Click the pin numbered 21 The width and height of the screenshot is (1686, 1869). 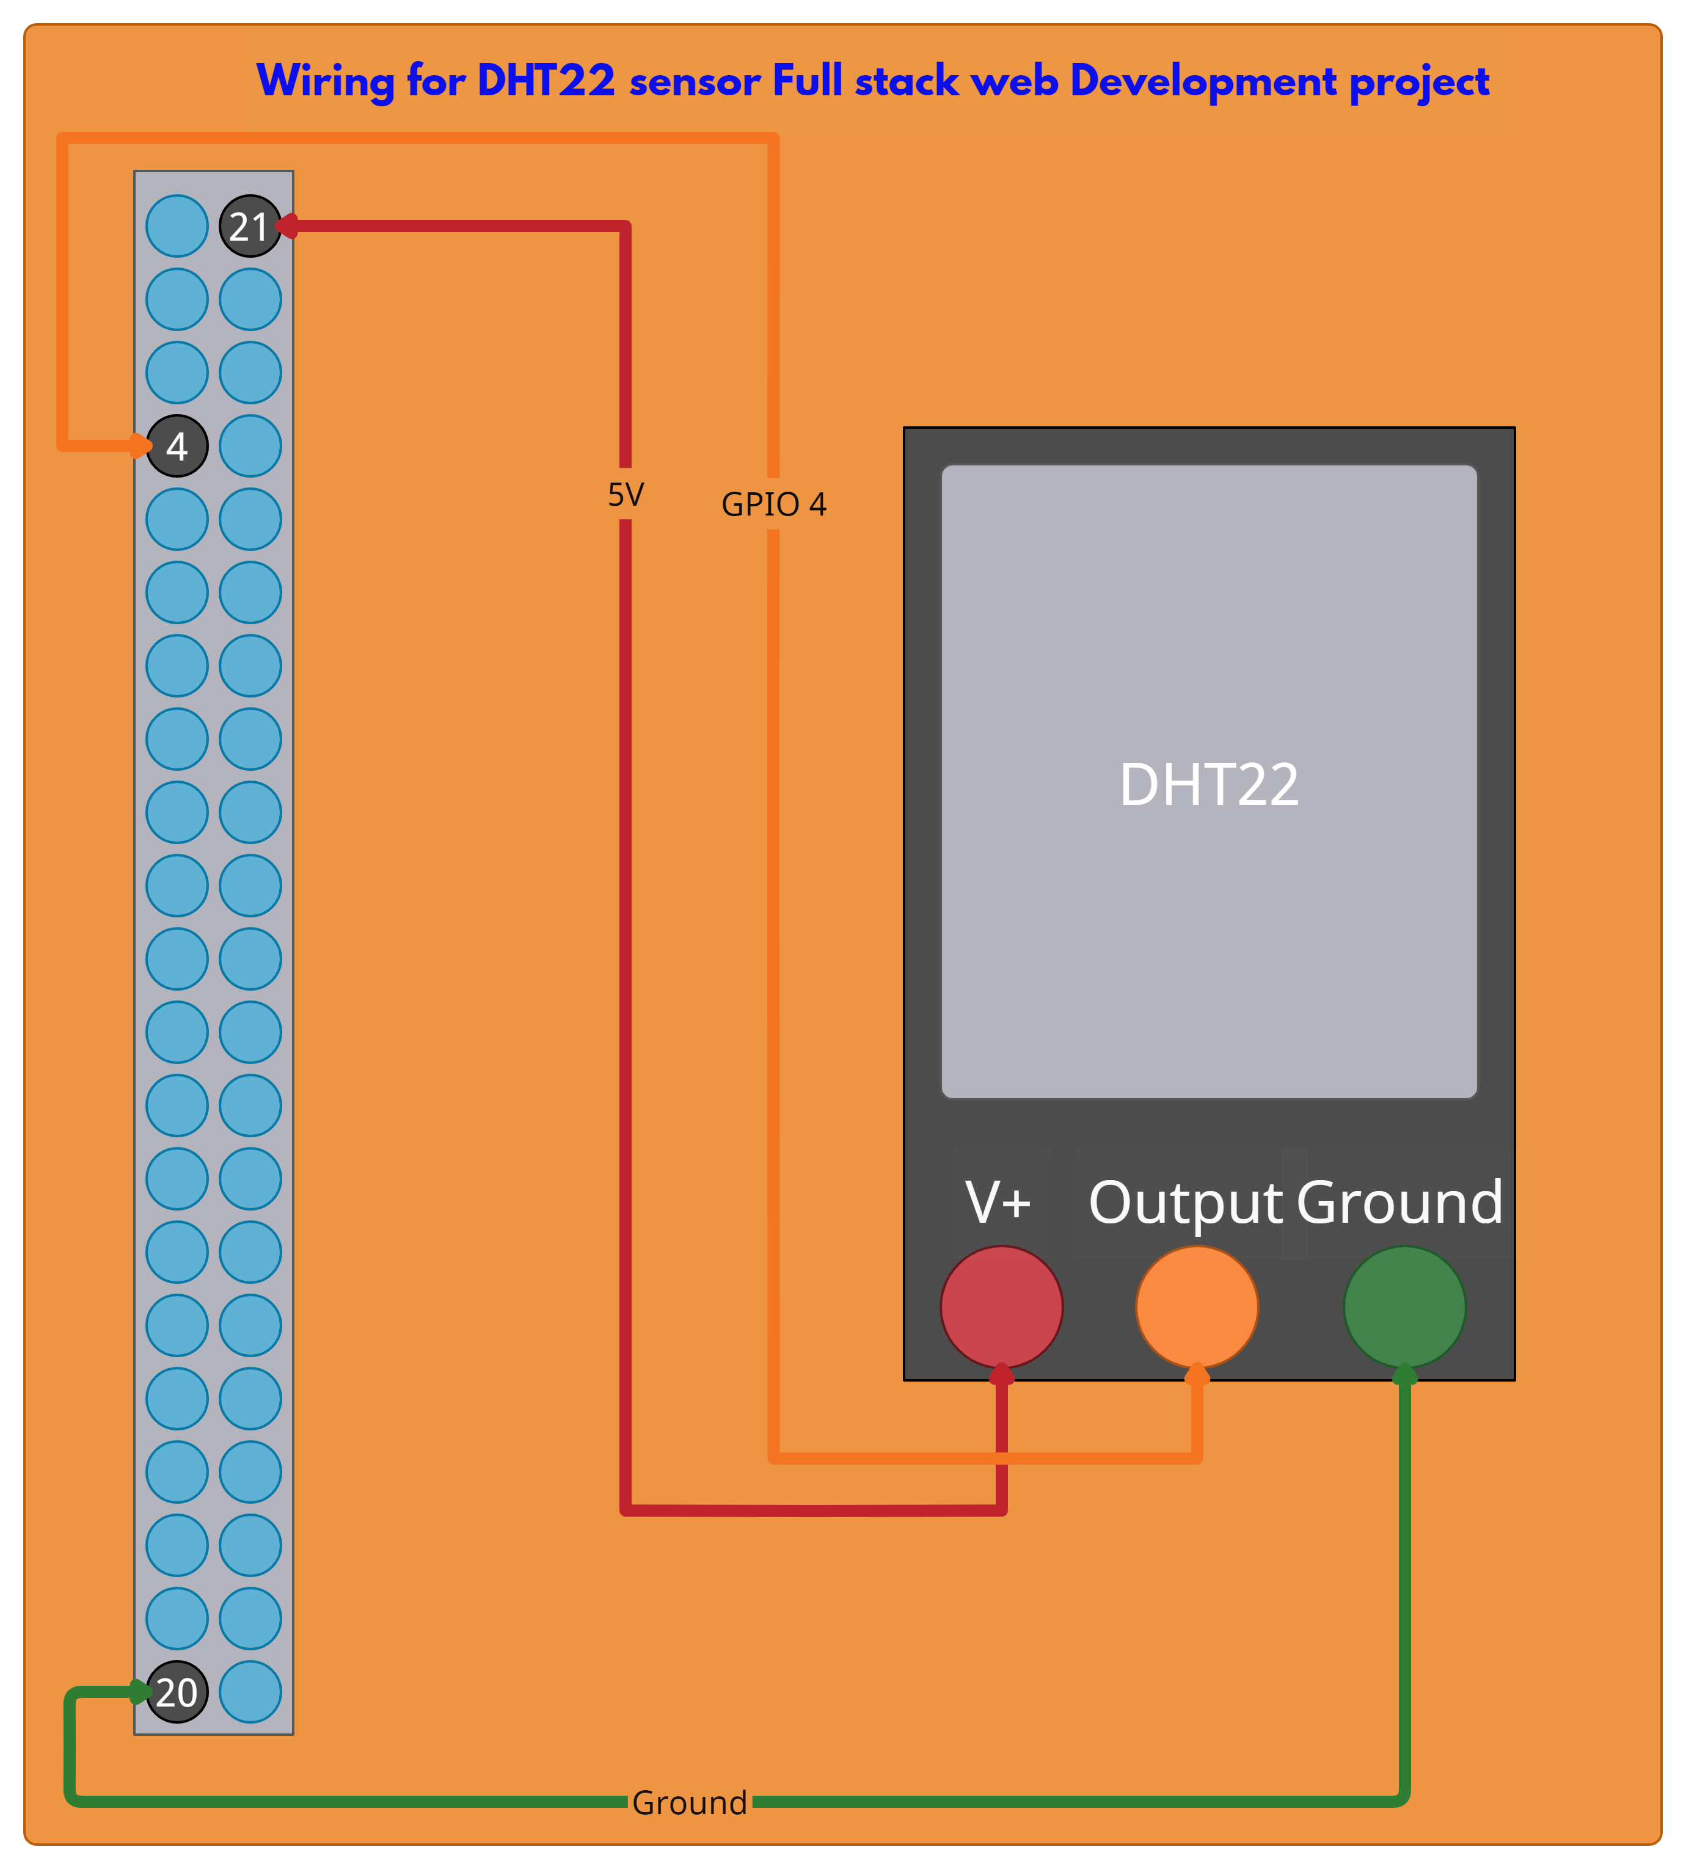(x=249, y=226)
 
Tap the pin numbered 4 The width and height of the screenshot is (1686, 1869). (x=177, y=446)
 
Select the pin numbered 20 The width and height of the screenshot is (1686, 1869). (x=177, y=1692)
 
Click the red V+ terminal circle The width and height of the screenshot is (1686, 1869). (x=1001, y=1307)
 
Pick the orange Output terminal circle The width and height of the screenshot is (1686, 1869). (x=1197, y=1307)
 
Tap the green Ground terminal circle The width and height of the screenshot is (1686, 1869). (x=1404, y=1307)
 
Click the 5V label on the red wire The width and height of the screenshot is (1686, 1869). (x=626, y=495)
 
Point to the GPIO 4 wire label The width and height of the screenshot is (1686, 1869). (x=773, y=505)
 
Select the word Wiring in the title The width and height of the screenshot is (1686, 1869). (x=324, y=81)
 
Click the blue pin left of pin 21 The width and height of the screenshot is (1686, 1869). (x=177, y=226)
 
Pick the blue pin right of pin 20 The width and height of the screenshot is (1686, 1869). (x=250, y=1692)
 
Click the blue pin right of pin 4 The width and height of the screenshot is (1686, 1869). (x=250, y=446)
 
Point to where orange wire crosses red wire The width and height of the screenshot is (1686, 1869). (x=1001, y=1459)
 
